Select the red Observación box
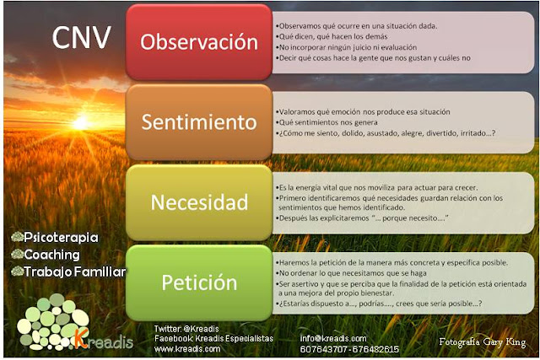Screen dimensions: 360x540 coord(198,41)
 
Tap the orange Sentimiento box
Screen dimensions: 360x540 coord(198,121)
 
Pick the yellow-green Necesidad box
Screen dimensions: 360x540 coord(198,202)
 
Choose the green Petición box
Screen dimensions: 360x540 coord(198,282)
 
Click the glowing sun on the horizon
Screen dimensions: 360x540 coord(80,124)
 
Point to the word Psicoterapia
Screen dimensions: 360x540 coord(61,238)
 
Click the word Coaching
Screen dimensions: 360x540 coord(51,255)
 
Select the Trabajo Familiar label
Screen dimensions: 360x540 coord(74,271)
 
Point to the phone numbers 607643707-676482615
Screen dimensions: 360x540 coord(349,348)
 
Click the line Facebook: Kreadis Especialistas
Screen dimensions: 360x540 coord(213,337)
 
